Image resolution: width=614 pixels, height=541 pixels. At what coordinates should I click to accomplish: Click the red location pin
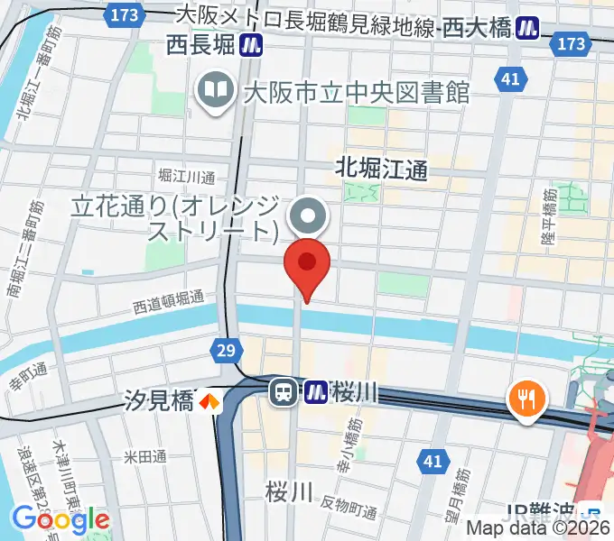point(307,265)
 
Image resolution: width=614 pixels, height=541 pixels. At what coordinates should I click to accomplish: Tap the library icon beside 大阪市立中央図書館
point(215,90)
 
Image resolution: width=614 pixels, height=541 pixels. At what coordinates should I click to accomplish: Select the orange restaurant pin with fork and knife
point(526,396)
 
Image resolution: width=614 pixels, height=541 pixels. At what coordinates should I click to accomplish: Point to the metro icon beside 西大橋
point(527,30)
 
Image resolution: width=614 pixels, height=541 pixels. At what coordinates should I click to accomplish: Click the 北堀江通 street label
point(380,168)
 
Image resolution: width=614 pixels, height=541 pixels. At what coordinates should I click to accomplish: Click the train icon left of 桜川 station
point(284,392)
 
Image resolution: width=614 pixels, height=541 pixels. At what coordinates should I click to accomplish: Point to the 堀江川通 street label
point(186,176)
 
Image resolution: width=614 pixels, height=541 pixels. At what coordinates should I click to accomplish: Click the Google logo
point(60,518)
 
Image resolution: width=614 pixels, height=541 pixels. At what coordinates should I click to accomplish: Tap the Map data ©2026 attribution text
point(538,529)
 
